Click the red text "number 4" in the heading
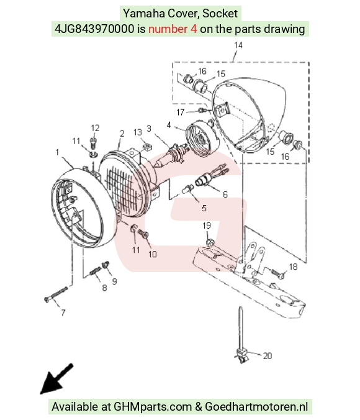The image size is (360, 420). (x=173, y=29)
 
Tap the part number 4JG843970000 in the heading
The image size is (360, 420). (x=94, y=29)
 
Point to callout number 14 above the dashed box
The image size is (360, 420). (x=238, y=45)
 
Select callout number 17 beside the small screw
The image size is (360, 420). (x=181, y=112)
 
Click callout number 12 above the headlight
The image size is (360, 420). (x=95, y=128)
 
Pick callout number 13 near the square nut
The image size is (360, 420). (x=138, y=132)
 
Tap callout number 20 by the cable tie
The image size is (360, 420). (x=268, y=356)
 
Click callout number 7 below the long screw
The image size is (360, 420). (x=63, y=313)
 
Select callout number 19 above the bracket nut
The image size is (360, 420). (x=207, y=226)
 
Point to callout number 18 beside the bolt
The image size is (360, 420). (x=294, y=267)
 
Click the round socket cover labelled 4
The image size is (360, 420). (x=202, y=139)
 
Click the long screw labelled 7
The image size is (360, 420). (x=56, y=294)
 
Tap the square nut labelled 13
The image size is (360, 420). (x=146, y=147)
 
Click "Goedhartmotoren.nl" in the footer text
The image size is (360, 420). (x=256, y=406)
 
